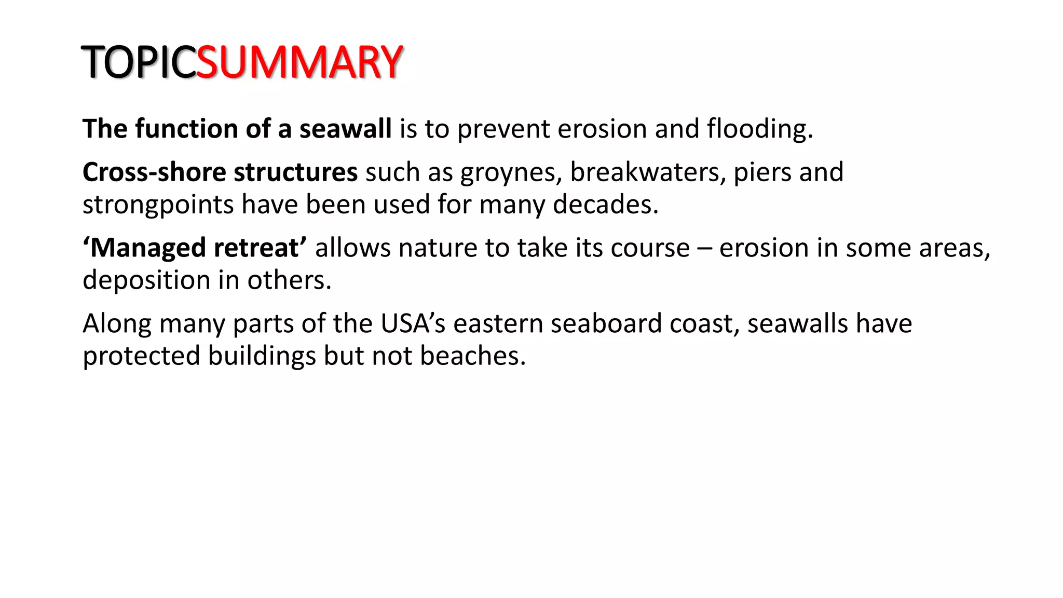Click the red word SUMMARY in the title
tap(299, 62)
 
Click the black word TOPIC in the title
tap(139, 62)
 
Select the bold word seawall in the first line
tap(345, 129)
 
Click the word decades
tap(605, 205)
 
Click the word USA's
tap(413, 323)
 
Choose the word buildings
tap(262, 357)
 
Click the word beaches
tap(472, 356)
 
